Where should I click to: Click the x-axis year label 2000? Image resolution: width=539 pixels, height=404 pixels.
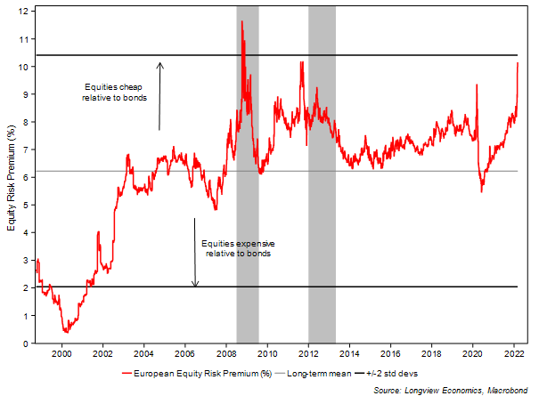pos(61,353)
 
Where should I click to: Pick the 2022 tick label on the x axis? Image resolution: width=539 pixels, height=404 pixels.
pos(514,353)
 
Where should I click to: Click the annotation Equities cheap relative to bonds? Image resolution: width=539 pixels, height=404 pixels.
pos(114,92)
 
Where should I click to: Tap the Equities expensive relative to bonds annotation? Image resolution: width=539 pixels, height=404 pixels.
pos(236,248)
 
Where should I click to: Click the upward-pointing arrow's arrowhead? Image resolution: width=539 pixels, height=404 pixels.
pos(159,63)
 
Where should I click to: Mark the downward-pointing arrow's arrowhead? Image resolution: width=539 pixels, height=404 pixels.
pos(195,285)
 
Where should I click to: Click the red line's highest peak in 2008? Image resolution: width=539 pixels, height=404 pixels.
pos(241,20)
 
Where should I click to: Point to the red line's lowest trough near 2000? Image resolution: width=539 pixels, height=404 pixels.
pos(65,331)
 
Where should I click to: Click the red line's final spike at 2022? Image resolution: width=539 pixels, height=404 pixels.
pos(519,63)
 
